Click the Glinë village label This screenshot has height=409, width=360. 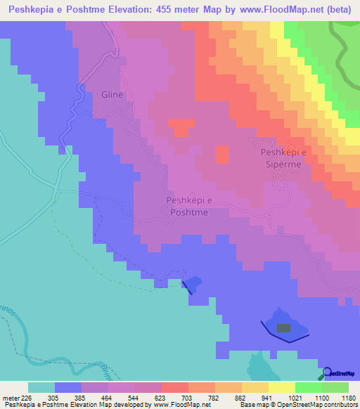click(x=112, y=96)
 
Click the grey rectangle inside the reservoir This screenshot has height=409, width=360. click(x=283, y=327)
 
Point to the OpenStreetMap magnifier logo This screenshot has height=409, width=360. click(x=328, y=373)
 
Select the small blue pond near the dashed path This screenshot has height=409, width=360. click(x=192, y=283)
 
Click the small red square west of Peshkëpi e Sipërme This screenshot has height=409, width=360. click(x=221, y=155)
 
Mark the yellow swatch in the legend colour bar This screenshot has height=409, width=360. click(x=281, y=387)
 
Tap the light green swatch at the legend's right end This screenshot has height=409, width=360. click(x=335, y=387)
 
